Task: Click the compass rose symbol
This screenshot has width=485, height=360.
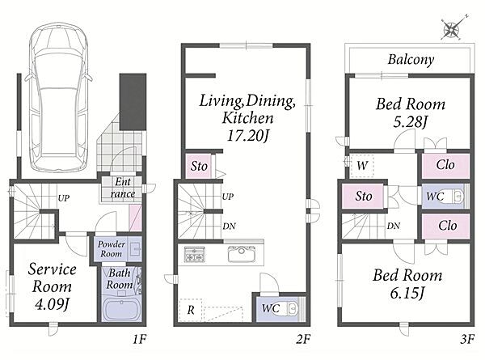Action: (x=452, y=29)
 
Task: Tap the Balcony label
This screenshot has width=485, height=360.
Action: (x=411, y=59)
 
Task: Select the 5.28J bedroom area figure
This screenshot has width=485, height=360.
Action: (x=410, y=122)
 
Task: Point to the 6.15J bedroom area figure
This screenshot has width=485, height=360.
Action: (x=407, y=293)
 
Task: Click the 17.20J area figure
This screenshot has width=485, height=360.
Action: (x=247, y=135)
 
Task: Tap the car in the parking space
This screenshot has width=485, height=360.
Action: (x=58, y=97)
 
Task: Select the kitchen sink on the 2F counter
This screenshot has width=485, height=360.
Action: (x=242, y=254)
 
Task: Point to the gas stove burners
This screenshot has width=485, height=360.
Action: (x=194, y=254)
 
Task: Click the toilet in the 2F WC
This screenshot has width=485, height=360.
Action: (x=292, y=308)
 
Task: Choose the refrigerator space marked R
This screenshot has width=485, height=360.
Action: (x=191, y=310)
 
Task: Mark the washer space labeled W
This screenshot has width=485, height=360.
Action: (x=362, y=166)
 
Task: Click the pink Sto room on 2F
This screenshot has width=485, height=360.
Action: (x=198, y=166)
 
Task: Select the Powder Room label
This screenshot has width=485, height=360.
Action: (x=112, y=249)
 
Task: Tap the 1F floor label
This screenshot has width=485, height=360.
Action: (x=140, y=340)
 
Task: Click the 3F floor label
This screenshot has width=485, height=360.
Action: (x=467, y=340)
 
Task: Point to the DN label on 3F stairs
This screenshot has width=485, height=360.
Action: (x=393, y=227)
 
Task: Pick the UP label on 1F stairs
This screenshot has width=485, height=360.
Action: (x=64, y=198)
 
